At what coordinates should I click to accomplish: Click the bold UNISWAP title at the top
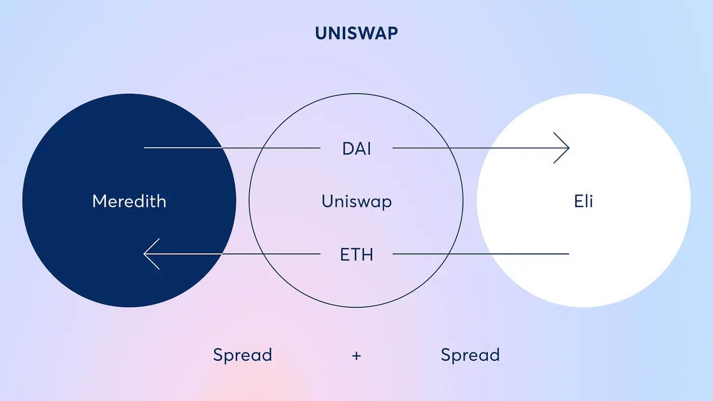pyautogui.click(x=356, y=33)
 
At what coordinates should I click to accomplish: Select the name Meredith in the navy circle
pyautogui.click(x=129, y=201)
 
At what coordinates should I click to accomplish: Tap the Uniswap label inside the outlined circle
pyautogui.click(x=356, y=202)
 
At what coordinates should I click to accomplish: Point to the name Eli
pyautogui.click(x=584, y=201)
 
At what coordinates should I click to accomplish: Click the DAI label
pyautogui.click(x=356, y=149)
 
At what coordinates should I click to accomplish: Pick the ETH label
pyautogui.click(x=356, y=254)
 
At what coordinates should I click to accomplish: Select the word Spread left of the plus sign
pyautogui.click(x=242, y=355)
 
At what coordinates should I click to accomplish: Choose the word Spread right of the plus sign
pyautogui.click(x=470, y=355)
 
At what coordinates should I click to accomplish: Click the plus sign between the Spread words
pyautogui.click(x=356, y=356)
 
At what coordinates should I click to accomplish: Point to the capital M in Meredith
pyautogui.click(x=99, y=201)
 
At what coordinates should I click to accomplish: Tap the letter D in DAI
pyautogui.click(x=348, y=149)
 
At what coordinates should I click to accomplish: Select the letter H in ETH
pyautogui.click(x=367, y=254)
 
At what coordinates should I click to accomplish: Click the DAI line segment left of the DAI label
pyautogui.click(x=232, y=148)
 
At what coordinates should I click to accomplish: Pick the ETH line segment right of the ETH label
pyautogui.click(x=481, y=254)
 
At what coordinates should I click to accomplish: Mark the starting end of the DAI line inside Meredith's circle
pyautogui.click(x=144, y=148)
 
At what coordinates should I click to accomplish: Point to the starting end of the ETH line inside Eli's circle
pyautogui.click(x=569, y=254)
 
